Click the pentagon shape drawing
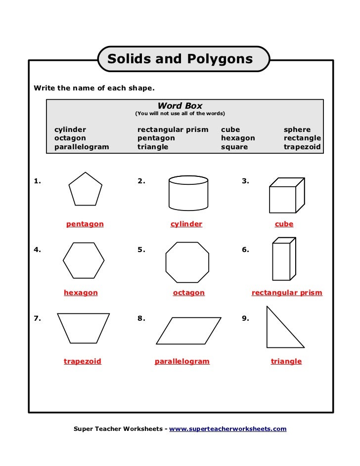point(85,189)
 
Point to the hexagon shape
point(84,260)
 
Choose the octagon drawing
point(187,262)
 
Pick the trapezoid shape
point(83,328)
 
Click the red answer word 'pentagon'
point(85,224)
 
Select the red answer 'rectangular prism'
point(287,293)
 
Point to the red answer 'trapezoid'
point(83,362)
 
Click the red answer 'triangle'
point(286,362)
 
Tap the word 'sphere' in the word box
point(297,130)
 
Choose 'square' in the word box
point(234,147)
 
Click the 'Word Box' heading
point(180,106)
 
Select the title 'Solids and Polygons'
point(180,59)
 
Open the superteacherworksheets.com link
point(228,429)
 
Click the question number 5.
point(141,250)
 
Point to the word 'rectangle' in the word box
point(302,138)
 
